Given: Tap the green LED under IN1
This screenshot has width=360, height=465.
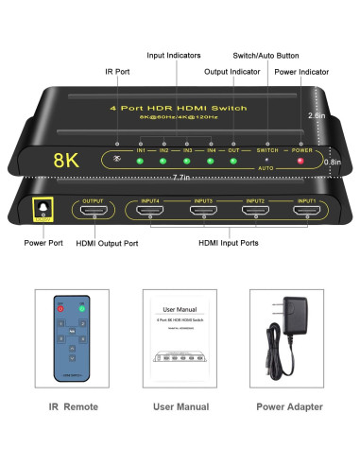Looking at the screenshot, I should (x=140, y=161).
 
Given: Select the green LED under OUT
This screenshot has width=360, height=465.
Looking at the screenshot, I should (x=234, y=161).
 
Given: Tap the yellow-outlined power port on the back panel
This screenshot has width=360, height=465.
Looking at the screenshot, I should (x=41, y=210).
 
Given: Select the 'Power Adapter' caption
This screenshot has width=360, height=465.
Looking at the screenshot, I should (x=290, y=406).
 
